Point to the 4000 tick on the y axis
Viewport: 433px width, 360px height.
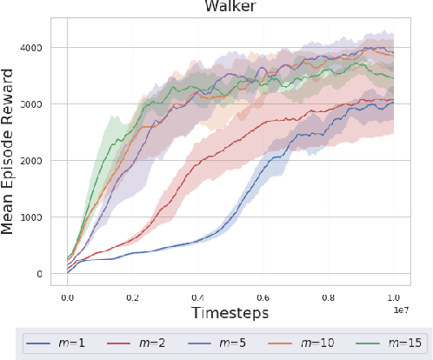(x=39, y=48)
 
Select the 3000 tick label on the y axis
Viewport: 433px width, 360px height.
(x=39, y=104)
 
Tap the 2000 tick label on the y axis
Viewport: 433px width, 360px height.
(x=39, y=161)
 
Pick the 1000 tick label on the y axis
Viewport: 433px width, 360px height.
(x=39, y=217)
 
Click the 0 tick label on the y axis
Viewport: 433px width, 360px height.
(x=49, y=274)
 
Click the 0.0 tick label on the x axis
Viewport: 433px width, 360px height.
(x=68, y=296)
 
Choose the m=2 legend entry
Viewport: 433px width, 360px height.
(x=130, y=343)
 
